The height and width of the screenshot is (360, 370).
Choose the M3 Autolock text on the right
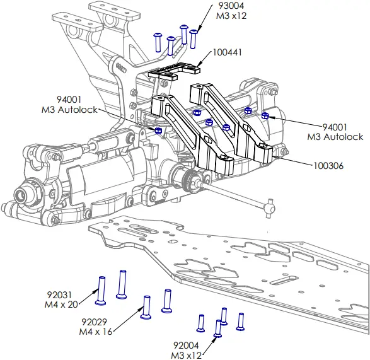335,136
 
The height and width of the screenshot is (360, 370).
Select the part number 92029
94,321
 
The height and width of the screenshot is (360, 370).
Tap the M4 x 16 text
95,332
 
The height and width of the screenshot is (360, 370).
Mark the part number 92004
187,345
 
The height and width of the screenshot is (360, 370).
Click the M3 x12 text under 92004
187,355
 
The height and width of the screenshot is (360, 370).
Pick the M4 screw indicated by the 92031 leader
100,289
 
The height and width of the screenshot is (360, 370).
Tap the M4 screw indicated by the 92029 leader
146,308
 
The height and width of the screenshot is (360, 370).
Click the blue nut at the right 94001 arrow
265,115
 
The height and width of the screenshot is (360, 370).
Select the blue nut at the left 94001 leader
158,130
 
